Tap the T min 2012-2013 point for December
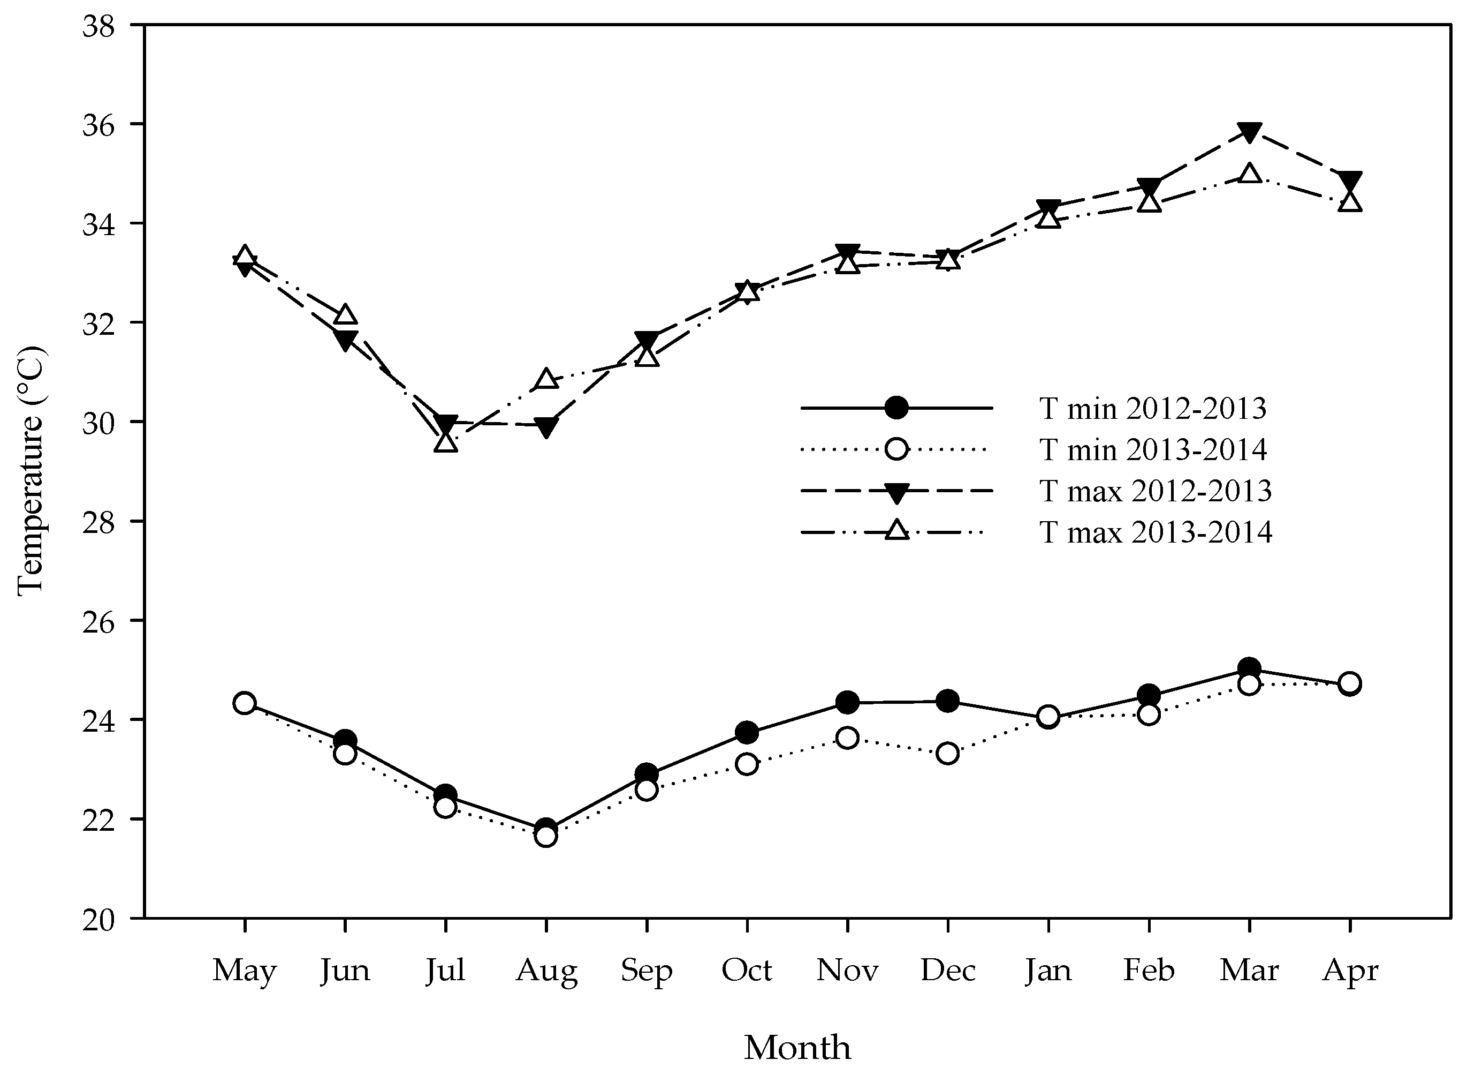coord(948,701)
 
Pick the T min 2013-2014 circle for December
coord(948,754)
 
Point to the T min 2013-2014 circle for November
coord(847,738)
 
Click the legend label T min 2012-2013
coord(1153,409)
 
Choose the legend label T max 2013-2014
coord(1156,532)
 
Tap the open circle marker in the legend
coord(896,449)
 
